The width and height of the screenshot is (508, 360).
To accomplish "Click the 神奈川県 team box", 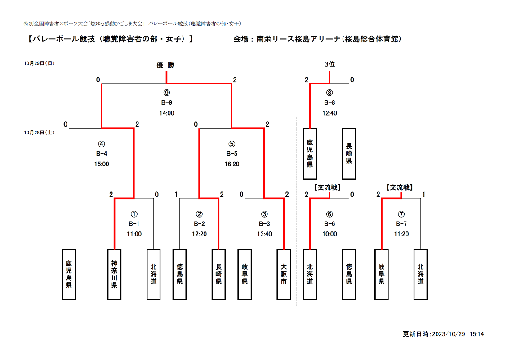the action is [x=114, y=274].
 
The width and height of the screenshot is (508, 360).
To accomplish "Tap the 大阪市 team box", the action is [x=284, y=274].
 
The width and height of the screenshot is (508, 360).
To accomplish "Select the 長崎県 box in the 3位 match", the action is [x=349, y=154].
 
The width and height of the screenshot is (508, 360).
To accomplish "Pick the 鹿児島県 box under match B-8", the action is [x=310, y=154].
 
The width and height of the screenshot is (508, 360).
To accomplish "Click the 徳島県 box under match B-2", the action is [x=179, y=274].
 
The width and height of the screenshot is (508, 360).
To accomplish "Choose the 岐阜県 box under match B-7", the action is [x=382, y=274].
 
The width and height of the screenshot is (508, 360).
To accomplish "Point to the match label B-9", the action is [x=166, y=103].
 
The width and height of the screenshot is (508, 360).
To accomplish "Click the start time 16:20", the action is [x=232, y=164].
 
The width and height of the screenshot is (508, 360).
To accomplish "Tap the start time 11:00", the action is [x=134, y=234].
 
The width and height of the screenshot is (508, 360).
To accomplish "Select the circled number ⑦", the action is [x=401, y=214].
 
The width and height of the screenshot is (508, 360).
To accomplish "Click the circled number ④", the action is [x=102, y=144].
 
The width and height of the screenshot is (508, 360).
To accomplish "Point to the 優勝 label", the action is [x=165, y=65].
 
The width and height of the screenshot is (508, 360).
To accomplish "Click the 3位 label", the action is [x=330, y=64].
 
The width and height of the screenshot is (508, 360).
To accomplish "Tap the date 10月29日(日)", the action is [x=39, y=63].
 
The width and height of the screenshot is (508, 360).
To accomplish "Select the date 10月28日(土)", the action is [x=39, y=133].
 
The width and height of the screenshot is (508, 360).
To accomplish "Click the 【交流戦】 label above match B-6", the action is [x=328, y=187].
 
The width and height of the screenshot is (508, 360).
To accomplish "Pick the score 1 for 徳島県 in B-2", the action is [x=176, y=195].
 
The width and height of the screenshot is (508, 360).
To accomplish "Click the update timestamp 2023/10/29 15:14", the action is [x=458, y=334].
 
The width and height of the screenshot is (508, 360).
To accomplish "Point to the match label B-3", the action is [x=264, y=223].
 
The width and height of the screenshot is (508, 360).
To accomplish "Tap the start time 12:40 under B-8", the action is [x=330, y=113].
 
